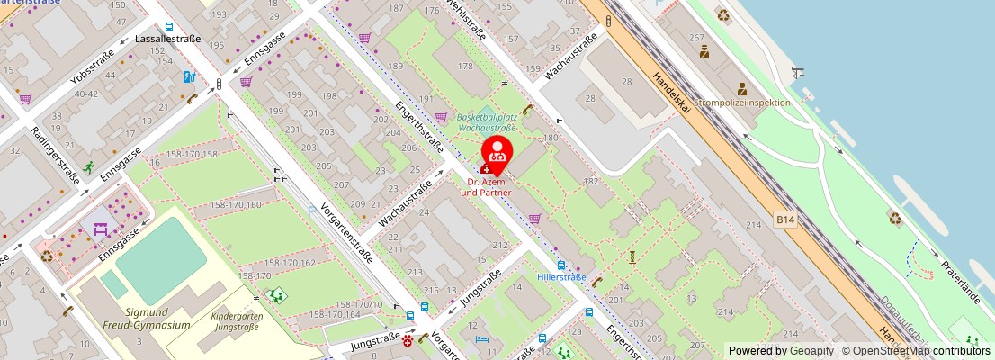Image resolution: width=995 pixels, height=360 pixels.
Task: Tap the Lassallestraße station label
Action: [x=167, y=40]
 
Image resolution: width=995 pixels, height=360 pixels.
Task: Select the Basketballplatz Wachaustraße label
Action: [x=487, y=122]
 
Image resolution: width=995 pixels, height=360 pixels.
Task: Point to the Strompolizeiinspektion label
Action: [x=742, y=103]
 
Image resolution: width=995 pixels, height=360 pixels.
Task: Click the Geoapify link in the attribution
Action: [x=811, y=351]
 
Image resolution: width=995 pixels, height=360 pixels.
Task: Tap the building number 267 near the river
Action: [x=695, y=38]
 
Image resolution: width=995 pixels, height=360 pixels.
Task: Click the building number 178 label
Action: [x=465, y=67]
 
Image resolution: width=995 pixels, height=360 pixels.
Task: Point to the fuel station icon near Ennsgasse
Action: [x=189, y=76]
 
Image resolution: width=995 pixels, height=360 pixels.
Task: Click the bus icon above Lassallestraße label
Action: [x=169, y=27]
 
